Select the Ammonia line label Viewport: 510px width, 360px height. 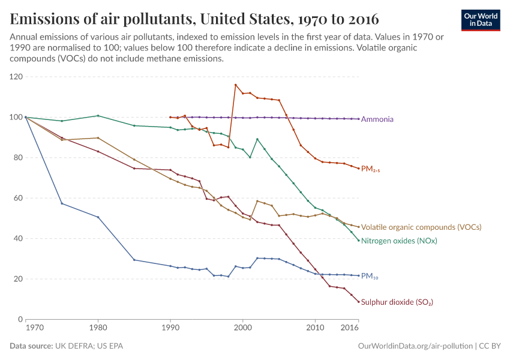point(377,119)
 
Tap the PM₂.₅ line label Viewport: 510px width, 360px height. point(371,170)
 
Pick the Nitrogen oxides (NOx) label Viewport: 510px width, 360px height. point(399,241)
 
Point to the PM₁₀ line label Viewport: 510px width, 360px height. point(370,277)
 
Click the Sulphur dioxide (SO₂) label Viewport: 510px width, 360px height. point(397,302)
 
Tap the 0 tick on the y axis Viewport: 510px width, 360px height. point(20,319)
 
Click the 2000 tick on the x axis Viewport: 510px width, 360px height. point(242,328)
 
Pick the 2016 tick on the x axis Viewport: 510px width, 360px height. point(350,328)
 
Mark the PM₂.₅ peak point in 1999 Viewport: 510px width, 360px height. point(236,85)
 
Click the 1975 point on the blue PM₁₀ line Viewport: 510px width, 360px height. point(62,203)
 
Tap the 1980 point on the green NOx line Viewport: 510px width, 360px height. point(98,116)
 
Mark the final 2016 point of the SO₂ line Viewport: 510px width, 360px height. point(359,302)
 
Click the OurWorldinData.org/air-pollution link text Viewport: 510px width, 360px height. point(415,346)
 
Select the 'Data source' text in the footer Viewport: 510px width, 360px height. point(67,346)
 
